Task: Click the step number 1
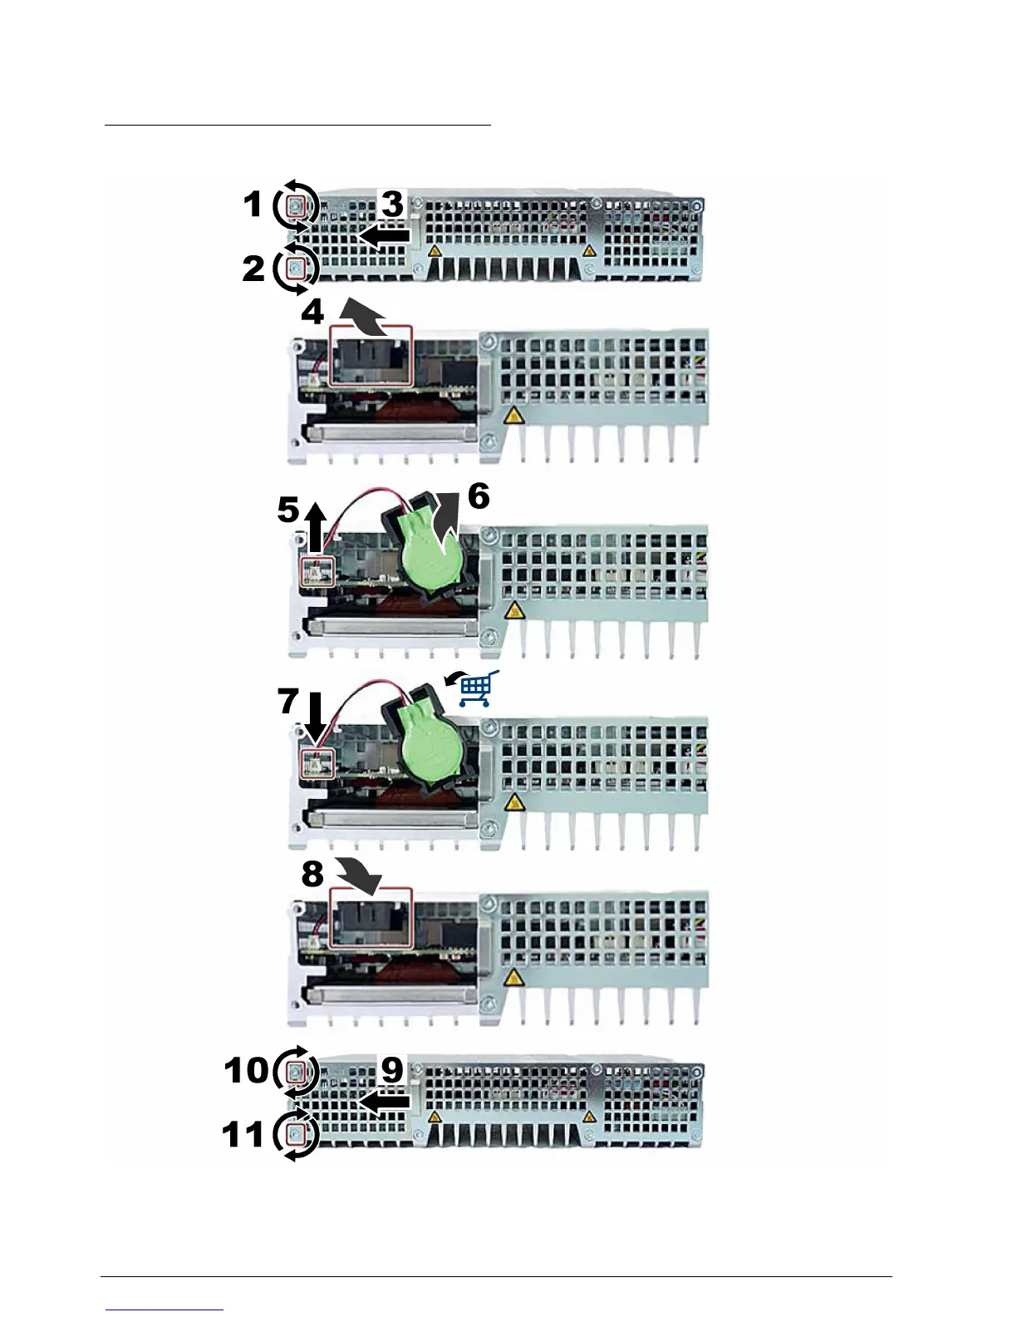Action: pyautogui.click(x=253, y=205)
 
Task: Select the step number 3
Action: pyautogui.click(x=391, y=204)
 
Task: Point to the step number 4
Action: pyautogui.click(x=312, y=313)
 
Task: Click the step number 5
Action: pyautogui.click(x=287, y=510)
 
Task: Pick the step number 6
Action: pyautogui.click(x=479, y=496)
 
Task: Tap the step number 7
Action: pyautogui.click(x=287, y=701)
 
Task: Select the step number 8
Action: pyautogui.click(x=312, y=874)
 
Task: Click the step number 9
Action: pyautogui.click(x=391, y=1070)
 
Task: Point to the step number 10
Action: pyautogui.click(x=246, y=1070)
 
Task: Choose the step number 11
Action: pyautogui.click(x=243, y=1135)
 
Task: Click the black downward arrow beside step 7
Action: pyautogui.click(x=316, y=718)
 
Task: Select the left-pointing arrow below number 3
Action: pyautogui.click(x=384, y=236)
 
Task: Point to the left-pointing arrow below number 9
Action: pyautogui.click(x=384, y=1102)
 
